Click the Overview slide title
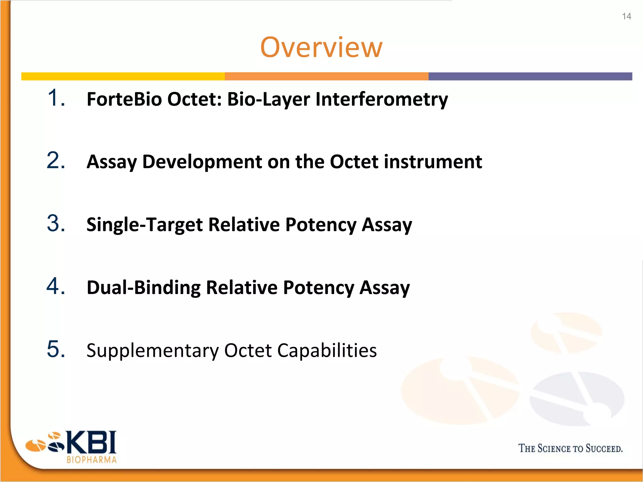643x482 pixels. coord(321,47)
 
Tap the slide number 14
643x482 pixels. coord(626,16)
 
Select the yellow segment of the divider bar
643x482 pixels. coord(123,76)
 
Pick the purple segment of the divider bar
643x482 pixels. coord(530,76)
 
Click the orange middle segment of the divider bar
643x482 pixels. coord(327,76)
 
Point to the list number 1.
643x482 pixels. coord(56,98)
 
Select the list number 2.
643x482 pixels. coord(56,161)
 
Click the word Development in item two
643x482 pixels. coord(202,162)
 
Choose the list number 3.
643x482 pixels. coord(56,223)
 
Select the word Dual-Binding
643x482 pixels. coord(143,288)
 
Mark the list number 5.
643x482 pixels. coord(56,349)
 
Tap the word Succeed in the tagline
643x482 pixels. coord(604,448)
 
